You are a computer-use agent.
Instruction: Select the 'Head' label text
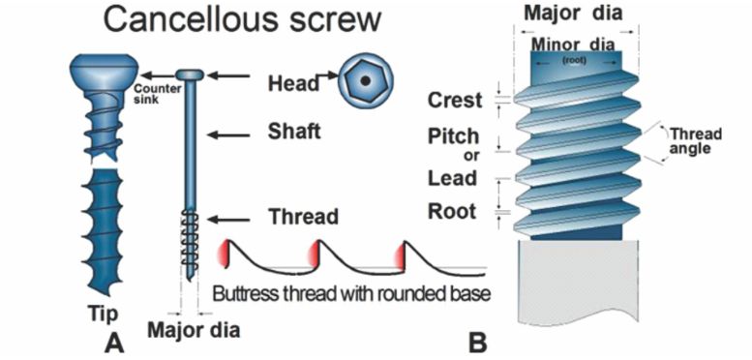click(292, 83)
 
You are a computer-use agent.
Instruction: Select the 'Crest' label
click(455, 100)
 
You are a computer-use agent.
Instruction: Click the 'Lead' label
click(453, 178)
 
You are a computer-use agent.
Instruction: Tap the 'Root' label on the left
click(453, 210)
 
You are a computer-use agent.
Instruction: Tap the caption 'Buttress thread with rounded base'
click(351, 291)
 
